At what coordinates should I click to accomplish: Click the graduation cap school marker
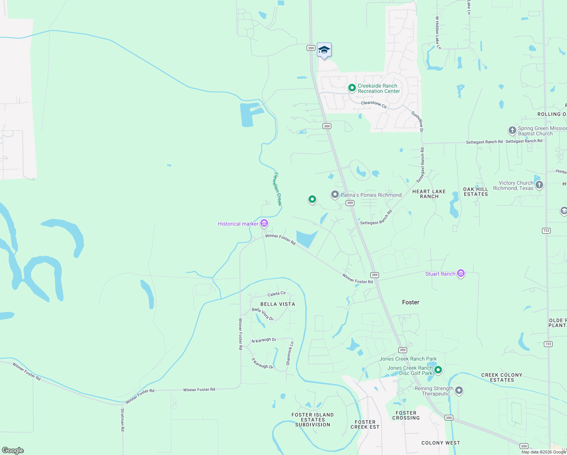click(324, 50)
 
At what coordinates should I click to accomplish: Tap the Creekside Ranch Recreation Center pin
click(352, 88)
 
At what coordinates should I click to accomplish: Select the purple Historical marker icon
click(264, 223)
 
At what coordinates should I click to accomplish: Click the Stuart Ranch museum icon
click(461, 273)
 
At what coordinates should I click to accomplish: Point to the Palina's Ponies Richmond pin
click(335, 195)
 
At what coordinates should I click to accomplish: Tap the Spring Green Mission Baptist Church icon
click(512, 131)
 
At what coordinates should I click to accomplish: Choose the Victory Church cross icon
click(539, 185)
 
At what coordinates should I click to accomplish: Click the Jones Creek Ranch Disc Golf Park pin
click(438, 370)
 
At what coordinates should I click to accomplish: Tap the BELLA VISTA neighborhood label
click(277, 304)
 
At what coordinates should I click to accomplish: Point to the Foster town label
click(410, 302)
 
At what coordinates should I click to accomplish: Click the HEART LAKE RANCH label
click(429, 194)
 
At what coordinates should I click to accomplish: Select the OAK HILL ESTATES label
click(476, 191)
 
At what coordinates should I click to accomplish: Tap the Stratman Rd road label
click(122, 420)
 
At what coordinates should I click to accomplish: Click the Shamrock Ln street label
click(290, 354)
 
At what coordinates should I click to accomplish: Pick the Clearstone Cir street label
click(374, 104)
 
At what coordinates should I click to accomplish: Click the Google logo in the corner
click(13, 450)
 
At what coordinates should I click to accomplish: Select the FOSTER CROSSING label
click(406, 415)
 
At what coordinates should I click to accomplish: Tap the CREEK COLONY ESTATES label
click(502, 377)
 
